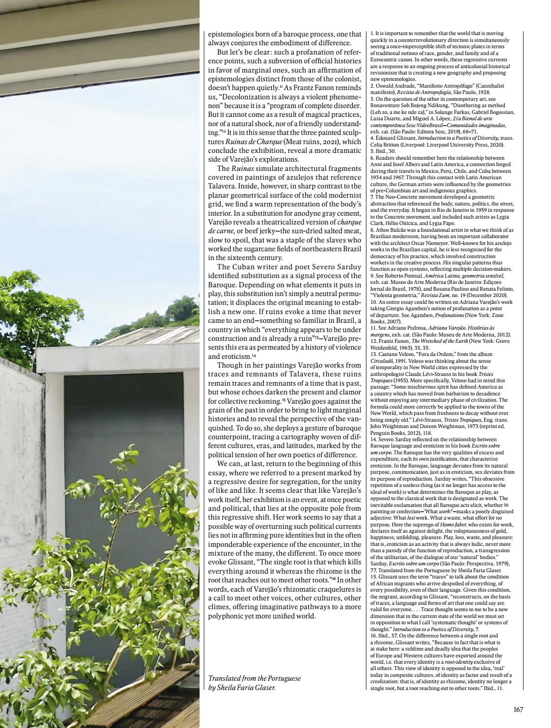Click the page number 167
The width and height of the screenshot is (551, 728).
coord(518,709)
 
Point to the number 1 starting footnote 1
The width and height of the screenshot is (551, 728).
coord(372,33)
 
